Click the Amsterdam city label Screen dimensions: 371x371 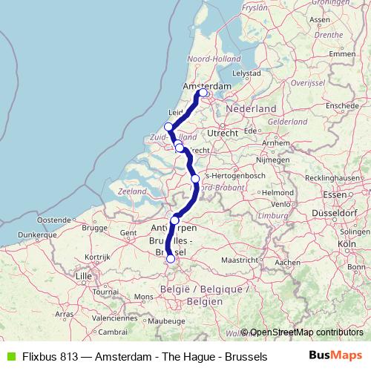pos(207,86)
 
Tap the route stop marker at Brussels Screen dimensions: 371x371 pos(171,259)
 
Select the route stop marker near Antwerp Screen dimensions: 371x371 pos(175,220)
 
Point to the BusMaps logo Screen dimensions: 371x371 pos(335,356)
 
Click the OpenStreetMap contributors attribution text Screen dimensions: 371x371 pos(306,332)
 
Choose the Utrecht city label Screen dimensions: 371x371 pos(223,132)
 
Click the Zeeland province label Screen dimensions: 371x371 pos(131,191)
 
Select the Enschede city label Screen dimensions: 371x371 pos(341,105)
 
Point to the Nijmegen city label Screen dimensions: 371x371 pos(271,159)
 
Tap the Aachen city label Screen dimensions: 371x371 pos(286,263)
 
